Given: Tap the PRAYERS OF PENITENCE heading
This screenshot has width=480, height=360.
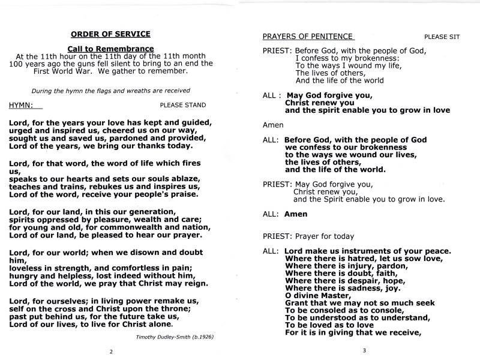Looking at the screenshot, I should click(x=307, y=36).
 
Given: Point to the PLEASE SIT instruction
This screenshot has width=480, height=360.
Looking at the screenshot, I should click(x=442, y=37).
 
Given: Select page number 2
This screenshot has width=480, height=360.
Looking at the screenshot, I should click(x=110, y=352).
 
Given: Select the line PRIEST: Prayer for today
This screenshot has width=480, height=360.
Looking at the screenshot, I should click(x=308, y=236).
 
